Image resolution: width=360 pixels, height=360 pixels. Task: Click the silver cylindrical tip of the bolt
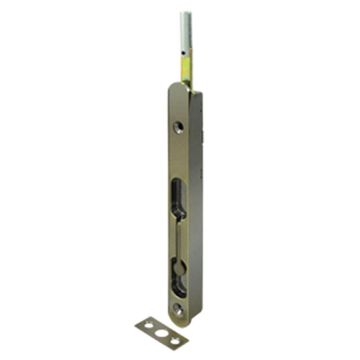click(x=186, y=32)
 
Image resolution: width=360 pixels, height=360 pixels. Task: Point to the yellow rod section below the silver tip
click(x=187, y=70)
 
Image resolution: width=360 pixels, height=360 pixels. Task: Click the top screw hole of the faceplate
click(x=178, y=127)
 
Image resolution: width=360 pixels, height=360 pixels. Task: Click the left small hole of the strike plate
click(x=148, y=326)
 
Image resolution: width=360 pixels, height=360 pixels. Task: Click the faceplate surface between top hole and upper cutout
click(x=178, y=155)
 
